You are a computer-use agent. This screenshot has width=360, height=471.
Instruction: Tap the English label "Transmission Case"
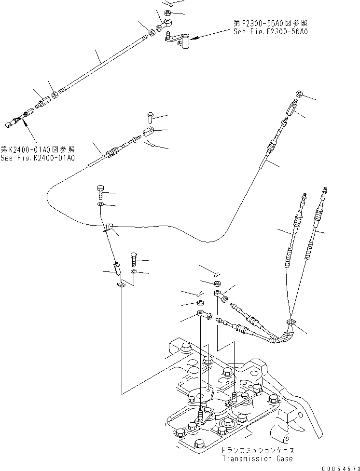coord(257,458)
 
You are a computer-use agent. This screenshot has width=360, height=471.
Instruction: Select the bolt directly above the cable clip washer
coord(101,192)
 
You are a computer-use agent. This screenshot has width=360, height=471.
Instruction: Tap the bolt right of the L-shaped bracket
coord(133,259)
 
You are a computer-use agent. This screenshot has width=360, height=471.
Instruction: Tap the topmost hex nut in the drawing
coord(167,12)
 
